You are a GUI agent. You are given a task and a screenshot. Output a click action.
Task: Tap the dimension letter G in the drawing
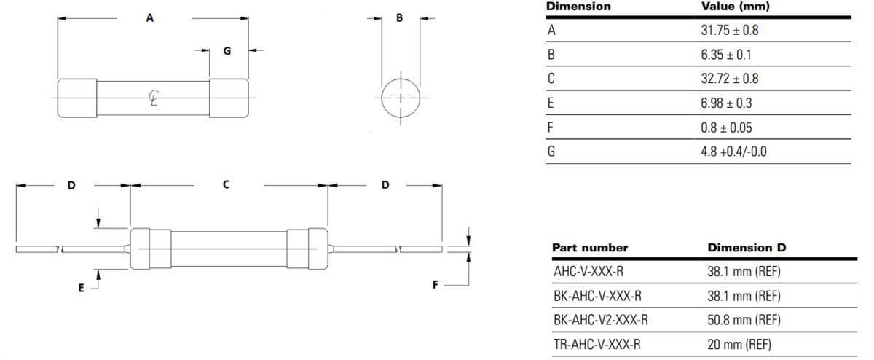click(227, 51)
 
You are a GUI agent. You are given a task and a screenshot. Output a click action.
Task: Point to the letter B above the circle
click(399, 18)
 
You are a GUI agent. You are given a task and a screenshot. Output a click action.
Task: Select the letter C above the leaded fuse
click(227, 185)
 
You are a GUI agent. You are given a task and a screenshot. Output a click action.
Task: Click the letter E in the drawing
click(82, 288)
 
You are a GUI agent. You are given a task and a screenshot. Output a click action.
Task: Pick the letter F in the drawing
click(435, 285)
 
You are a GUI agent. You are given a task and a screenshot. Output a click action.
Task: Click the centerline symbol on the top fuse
click(154, 96)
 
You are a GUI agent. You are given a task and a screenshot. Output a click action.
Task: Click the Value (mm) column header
click(735, 7)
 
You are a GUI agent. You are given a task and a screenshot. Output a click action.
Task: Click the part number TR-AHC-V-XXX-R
click(597, 345)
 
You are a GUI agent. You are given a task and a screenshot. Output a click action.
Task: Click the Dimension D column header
click(747, 248)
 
